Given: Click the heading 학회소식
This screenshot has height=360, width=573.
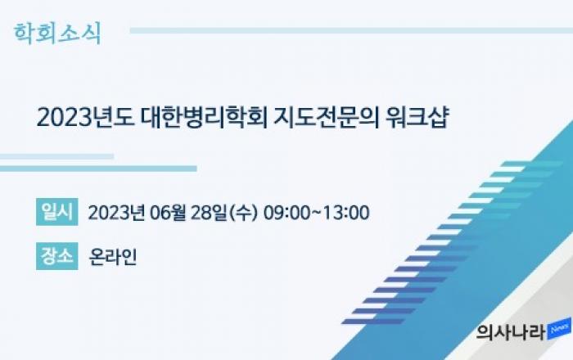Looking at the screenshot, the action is (x=57, y=34).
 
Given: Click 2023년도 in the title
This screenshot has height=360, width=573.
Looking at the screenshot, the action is (x=85, y=117).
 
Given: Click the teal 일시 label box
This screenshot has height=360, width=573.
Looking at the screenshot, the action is (x=57, y=212).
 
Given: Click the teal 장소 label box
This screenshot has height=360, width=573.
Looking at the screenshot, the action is (x=57, y=256).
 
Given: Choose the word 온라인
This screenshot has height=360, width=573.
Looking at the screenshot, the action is (x=113, y=257).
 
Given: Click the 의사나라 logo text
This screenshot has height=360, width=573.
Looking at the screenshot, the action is (x=511, y=332).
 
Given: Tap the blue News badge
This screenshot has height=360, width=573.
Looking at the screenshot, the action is (x=559, y=329).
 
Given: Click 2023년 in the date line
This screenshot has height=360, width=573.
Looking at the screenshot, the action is (x=116, y=213).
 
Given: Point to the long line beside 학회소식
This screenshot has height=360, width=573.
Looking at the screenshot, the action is (x=351, y=30).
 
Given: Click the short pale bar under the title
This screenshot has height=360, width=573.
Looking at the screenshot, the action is (x=56, y=156).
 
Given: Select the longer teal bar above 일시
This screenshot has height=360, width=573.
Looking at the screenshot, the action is (x=98, y=169).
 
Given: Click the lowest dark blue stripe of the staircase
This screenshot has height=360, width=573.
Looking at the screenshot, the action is (x=372, y=322).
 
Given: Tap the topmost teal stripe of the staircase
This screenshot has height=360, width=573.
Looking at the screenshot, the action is (x=532, y=164).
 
